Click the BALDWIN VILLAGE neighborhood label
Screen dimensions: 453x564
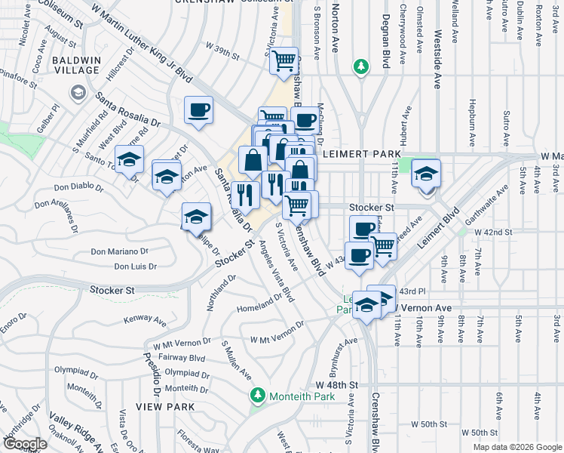coord(75,64)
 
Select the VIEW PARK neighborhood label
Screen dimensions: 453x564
coord(165,406)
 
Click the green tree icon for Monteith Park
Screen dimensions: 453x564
coord(258,396)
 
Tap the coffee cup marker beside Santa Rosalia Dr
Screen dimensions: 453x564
coord(199,111)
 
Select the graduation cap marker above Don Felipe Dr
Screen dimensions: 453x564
coord(195,217)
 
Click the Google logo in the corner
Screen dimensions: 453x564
coord(24,443)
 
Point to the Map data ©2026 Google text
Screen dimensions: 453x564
coord(516,446)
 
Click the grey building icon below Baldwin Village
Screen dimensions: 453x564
coord(78,92)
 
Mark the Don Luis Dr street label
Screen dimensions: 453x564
coord(136,266)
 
